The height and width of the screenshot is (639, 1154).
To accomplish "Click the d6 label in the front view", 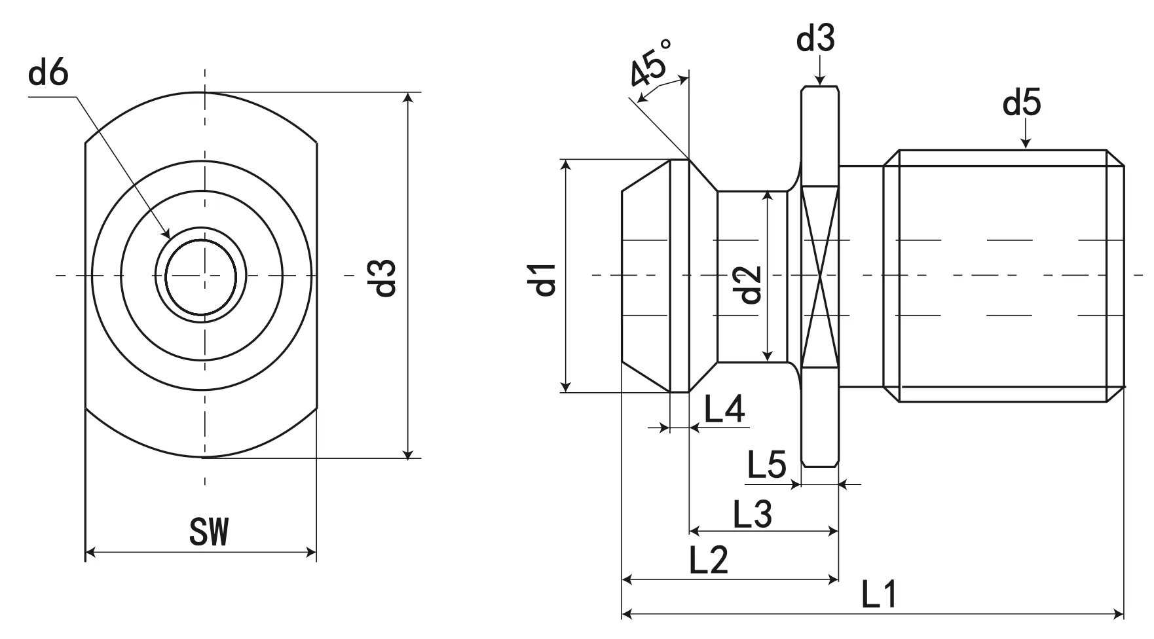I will (x=48, y=74).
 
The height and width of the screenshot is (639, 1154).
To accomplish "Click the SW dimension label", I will (x=209, y=532).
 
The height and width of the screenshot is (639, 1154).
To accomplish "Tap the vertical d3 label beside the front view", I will (x=384, y=277).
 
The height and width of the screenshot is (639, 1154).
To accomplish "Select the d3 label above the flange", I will (x=815, y=39).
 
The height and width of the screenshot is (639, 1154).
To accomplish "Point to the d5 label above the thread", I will (x=1022, y=103).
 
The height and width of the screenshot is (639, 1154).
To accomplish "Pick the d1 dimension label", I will (x=545, y=278).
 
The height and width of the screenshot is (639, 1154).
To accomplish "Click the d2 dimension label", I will (x=751, y=284).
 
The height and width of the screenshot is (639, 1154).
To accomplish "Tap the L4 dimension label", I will (x=724, y=410).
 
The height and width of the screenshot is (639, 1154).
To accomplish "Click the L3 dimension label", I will (x=752, y=515).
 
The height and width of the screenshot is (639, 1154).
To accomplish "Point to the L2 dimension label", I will (x=709, y=561).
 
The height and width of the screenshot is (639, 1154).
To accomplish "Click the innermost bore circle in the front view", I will (x=200, y=275).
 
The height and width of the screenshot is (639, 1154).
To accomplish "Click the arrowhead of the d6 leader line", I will (x=168, y=234).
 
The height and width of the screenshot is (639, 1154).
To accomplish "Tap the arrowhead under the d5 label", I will (x=1026, y=145).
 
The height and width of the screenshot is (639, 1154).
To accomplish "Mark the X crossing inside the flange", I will (x=819, y=275).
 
